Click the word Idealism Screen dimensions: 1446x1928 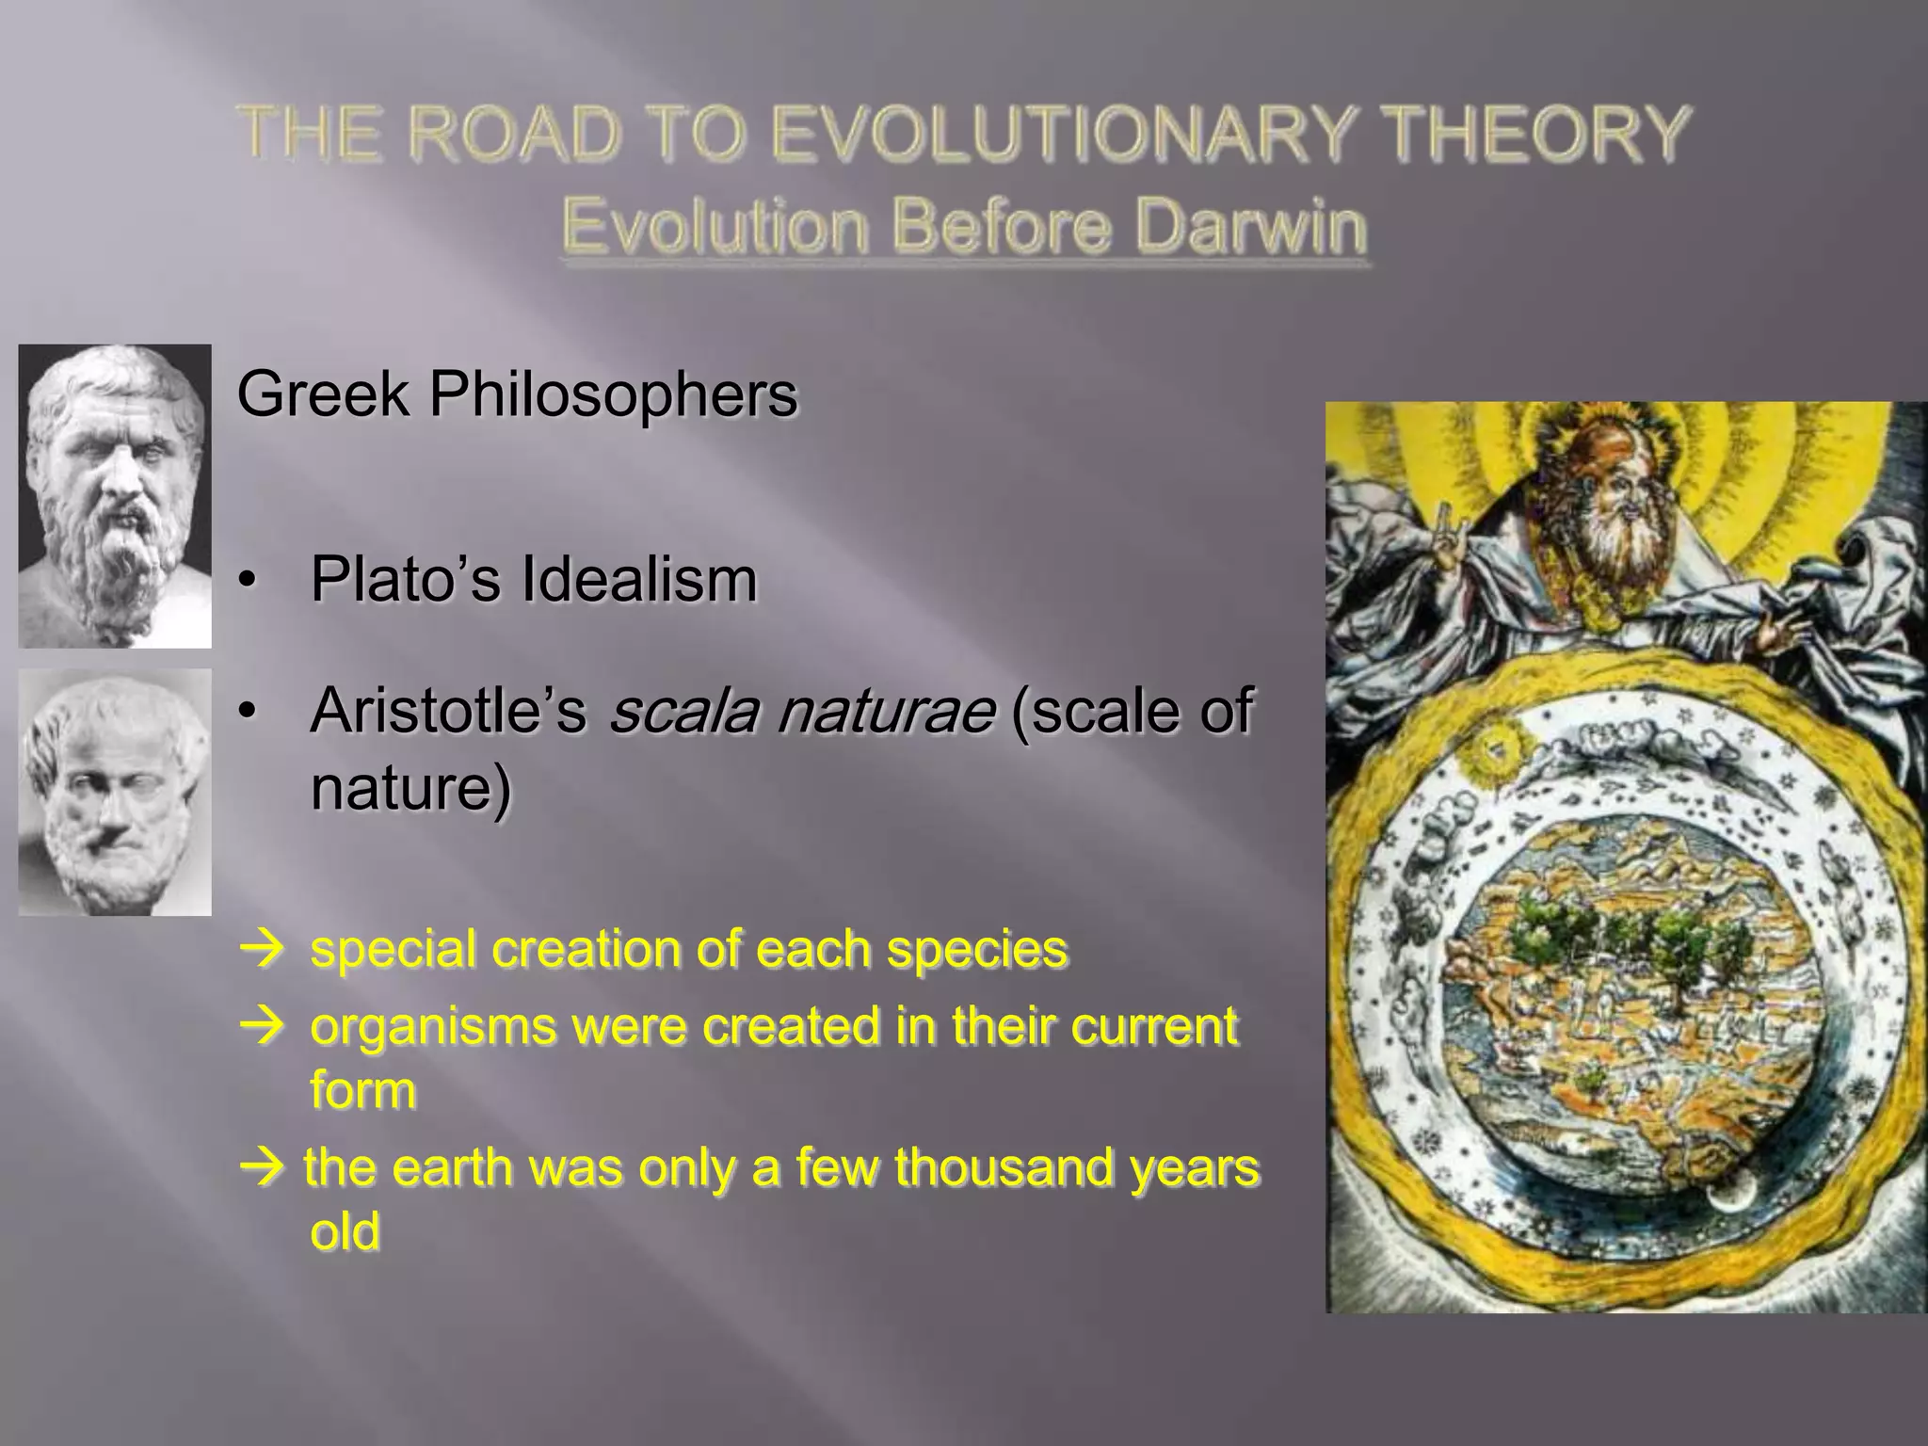pyautogui.click(x=639, y=579)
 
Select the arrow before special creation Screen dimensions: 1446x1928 pyautogui.click(x=261, y=949)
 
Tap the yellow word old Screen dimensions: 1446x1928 pyautogui.click(x=345, y=1231)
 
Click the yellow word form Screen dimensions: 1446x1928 pyautogui.click(x=362, y=1090)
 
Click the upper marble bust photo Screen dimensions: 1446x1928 pyautogui.click(x=115, y=496)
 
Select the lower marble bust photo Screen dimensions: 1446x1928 pyautogui.click(x=115, y=792)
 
